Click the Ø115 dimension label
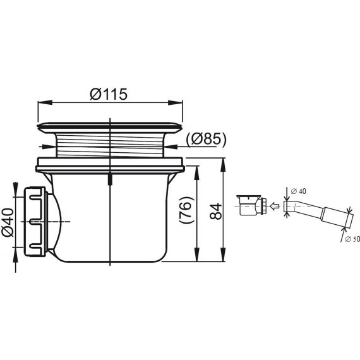[109, 94]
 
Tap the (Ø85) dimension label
[206, 139]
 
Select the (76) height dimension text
[186, 210]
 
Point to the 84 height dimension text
[216, 211]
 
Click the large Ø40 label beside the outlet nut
[8, 222]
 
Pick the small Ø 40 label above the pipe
[299, 191]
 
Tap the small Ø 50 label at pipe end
[352, 239]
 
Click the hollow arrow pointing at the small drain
[275, 206]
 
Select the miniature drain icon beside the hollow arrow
[251, 205]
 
